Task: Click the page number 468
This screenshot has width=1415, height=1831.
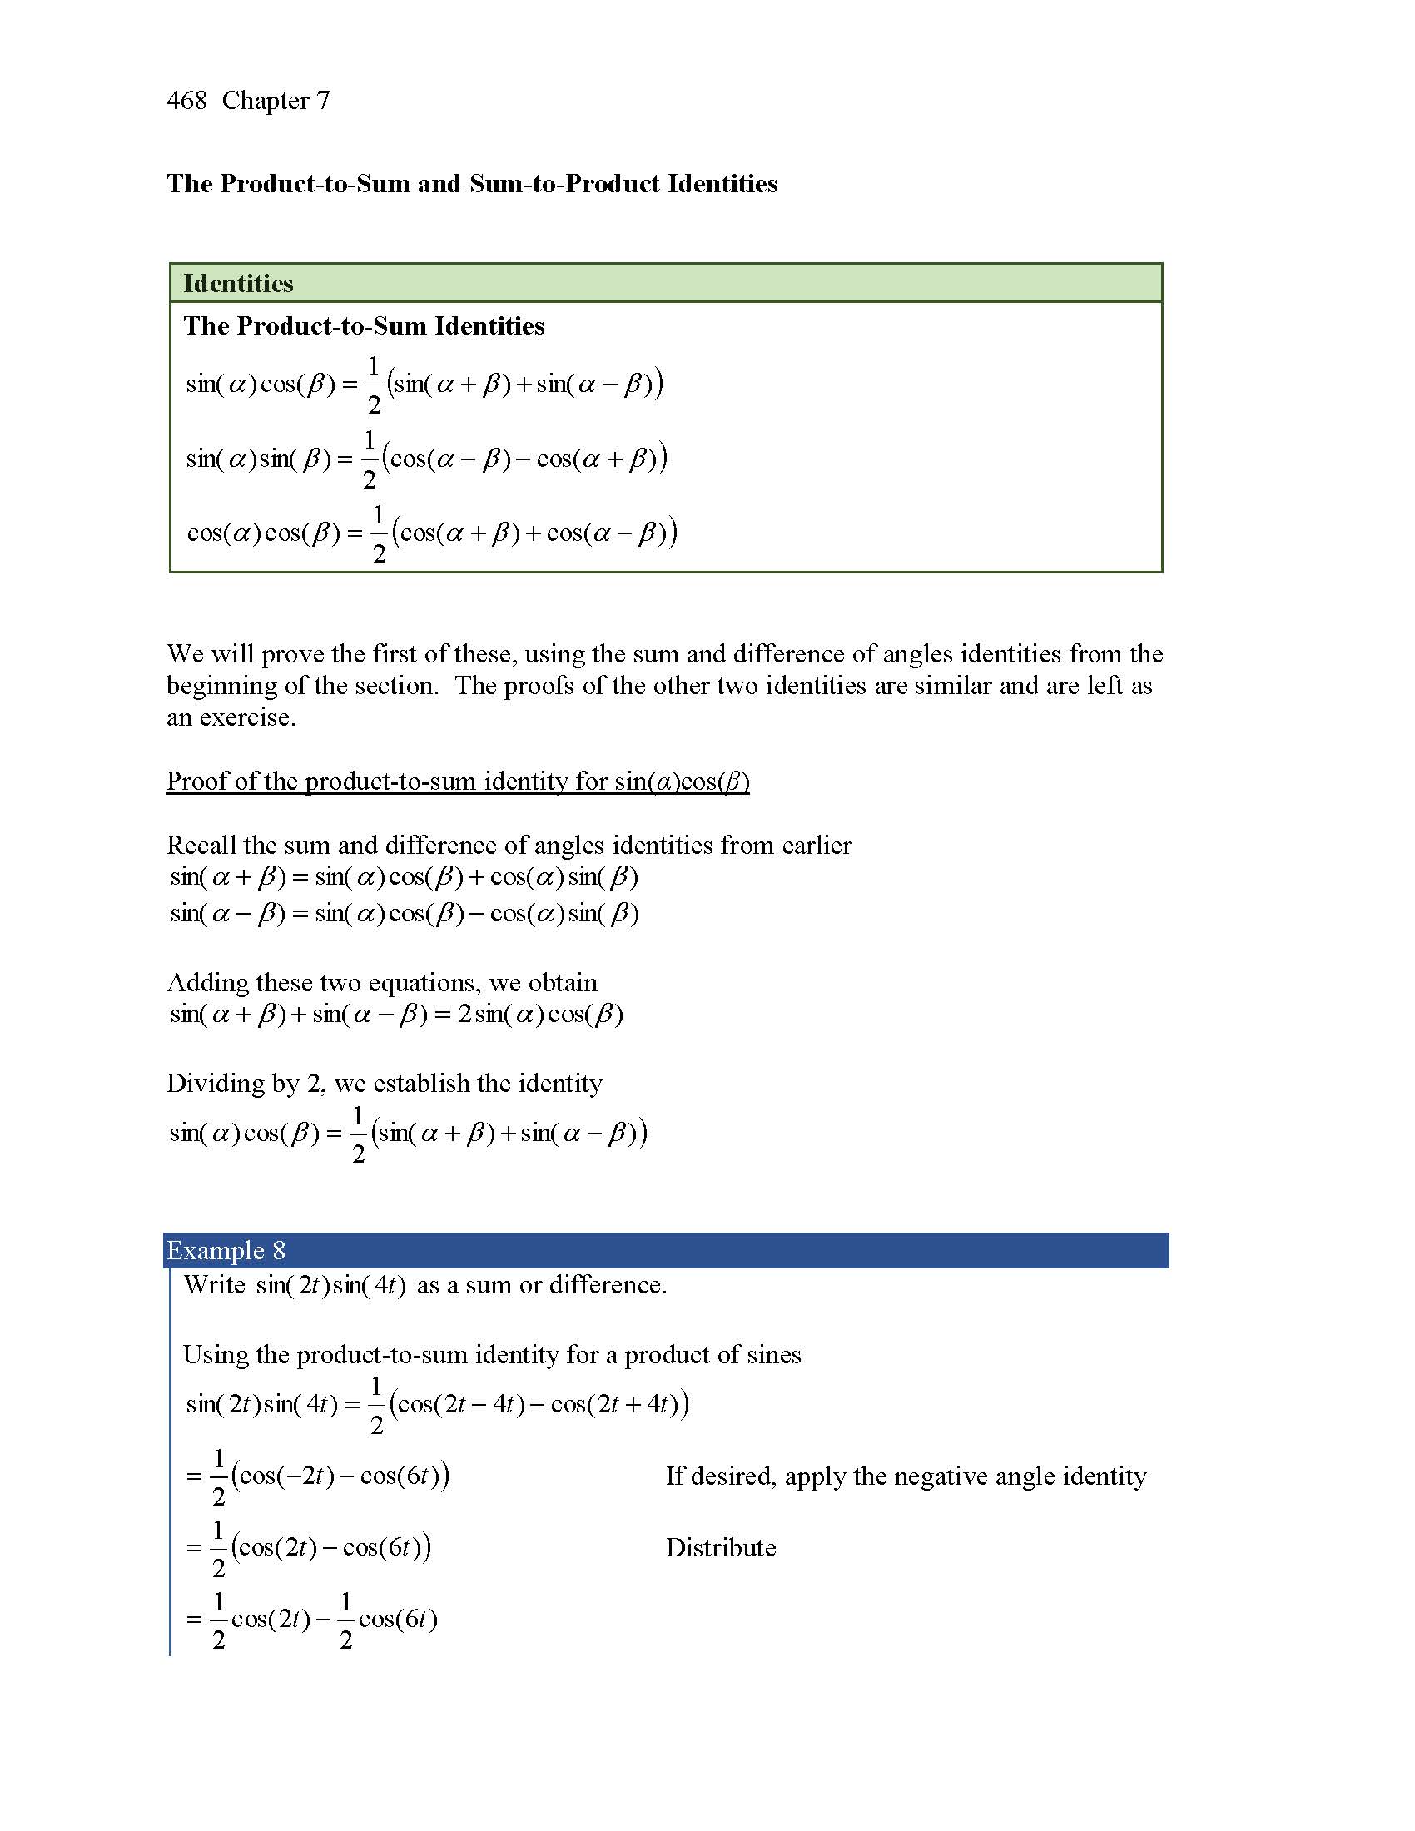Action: coord(186,101)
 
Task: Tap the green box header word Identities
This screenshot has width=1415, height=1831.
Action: coord(238,283)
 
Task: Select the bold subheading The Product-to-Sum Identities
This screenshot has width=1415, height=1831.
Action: coord(364,325)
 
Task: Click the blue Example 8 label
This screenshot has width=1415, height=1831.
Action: coord(226,1250)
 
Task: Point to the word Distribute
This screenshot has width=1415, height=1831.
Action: coord(720,1547)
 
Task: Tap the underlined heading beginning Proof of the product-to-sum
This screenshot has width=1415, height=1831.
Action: coord(458,782)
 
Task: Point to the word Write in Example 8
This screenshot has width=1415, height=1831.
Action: coord(215,1285)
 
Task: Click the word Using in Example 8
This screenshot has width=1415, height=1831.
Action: coord(214,1355)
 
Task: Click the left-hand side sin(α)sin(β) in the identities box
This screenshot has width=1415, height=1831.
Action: coord(259,459)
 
